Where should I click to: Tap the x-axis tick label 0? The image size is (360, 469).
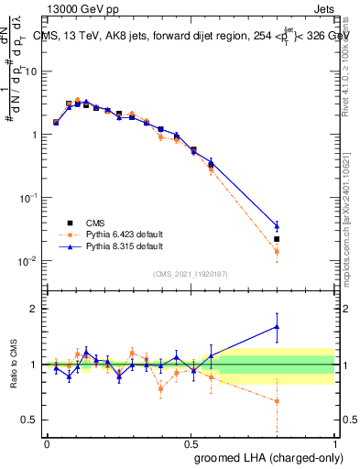(47, 442)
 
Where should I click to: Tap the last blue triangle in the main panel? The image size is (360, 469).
(277, 225)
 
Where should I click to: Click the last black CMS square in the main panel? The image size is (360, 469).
(277, 239)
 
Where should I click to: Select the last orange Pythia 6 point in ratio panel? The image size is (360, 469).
(277, 401)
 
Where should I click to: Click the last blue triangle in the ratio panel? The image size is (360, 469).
(277, 326)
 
